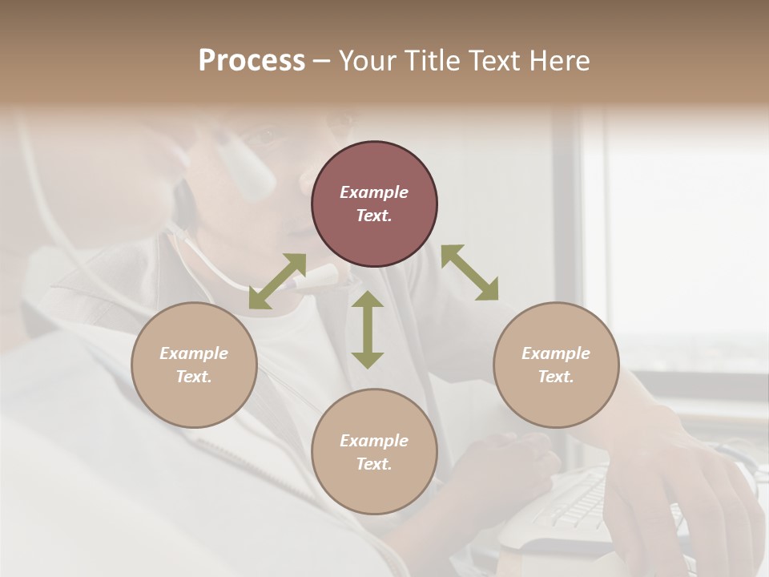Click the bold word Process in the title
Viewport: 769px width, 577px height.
tap(252, 61)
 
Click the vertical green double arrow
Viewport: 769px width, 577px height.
tap(368, 329)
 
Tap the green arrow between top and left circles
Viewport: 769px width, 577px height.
tap(277, 281)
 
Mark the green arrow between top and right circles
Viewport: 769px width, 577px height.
tap(469, 272)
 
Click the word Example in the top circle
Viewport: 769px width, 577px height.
tap(374, 192)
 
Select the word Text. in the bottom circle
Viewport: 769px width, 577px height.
tap(374, 464)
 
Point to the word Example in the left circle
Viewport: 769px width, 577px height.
tap(194, 353)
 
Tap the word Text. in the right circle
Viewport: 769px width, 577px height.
tap(556, 377)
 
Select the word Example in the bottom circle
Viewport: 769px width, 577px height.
tap(374, 441)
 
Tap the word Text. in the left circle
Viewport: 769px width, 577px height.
tap(194, 377)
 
